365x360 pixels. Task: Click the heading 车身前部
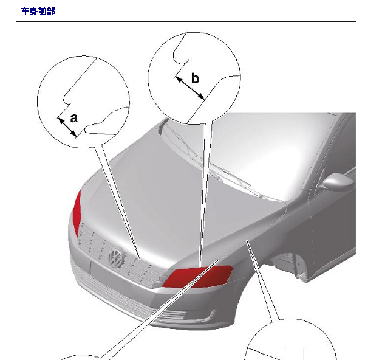[x=38, y=11]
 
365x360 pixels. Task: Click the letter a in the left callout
[x=74, y=118]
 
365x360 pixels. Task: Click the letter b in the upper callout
[x=196, y=78]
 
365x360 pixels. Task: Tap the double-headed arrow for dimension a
[x=67, y=128]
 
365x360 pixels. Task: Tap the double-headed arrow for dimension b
[x=190, y=88]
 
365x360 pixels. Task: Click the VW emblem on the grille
[x=116, y=257]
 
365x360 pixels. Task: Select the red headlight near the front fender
[x=198, y=277]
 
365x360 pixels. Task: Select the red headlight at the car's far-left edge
[x=77, y=212]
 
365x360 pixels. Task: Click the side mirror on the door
[x=338, y=181]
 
